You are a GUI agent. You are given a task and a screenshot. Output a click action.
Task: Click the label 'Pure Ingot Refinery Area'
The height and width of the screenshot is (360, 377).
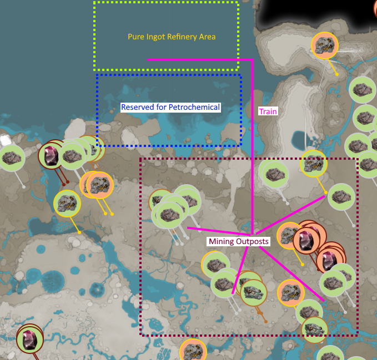(171, 37)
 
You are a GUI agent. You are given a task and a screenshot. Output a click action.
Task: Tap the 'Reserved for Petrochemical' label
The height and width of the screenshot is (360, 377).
(170, 107)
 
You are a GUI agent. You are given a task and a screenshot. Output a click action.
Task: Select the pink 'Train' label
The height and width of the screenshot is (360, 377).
(268, 111)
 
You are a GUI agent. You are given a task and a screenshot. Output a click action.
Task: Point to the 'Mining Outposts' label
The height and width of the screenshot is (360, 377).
(239, 241)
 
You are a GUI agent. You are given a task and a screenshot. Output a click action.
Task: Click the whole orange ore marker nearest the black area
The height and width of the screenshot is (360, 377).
(324, 45)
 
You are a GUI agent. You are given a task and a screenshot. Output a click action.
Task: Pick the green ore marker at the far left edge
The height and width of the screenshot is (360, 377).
(11, 158)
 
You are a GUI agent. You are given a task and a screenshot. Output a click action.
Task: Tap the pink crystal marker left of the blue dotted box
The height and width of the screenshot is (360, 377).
(51, 155)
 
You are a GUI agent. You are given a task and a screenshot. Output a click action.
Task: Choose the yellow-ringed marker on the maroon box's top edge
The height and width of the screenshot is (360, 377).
(314, 163)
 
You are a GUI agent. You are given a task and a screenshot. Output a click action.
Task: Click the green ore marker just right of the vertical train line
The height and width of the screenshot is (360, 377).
(273, 174)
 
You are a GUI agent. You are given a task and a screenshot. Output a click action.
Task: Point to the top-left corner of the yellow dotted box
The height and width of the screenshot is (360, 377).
(95, 3)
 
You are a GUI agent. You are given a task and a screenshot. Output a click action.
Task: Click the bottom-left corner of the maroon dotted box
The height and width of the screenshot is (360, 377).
(141, 334)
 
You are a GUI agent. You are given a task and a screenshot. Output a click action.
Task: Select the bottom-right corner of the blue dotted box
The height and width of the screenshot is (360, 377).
(241, 145)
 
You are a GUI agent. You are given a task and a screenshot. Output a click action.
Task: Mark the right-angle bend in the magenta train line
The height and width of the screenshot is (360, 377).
(253, 59)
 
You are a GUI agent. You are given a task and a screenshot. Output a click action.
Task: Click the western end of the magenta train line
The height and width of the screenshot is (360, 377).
(148, 59)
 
